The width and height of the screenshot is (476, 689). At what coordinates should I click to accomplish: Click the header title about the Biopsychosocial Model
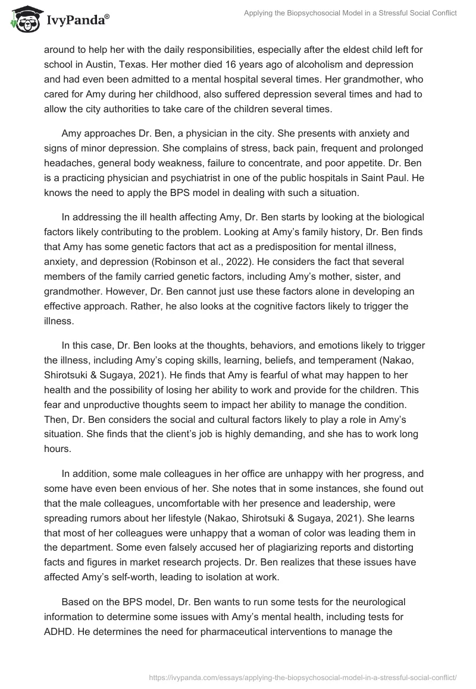tap(350, 13)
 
